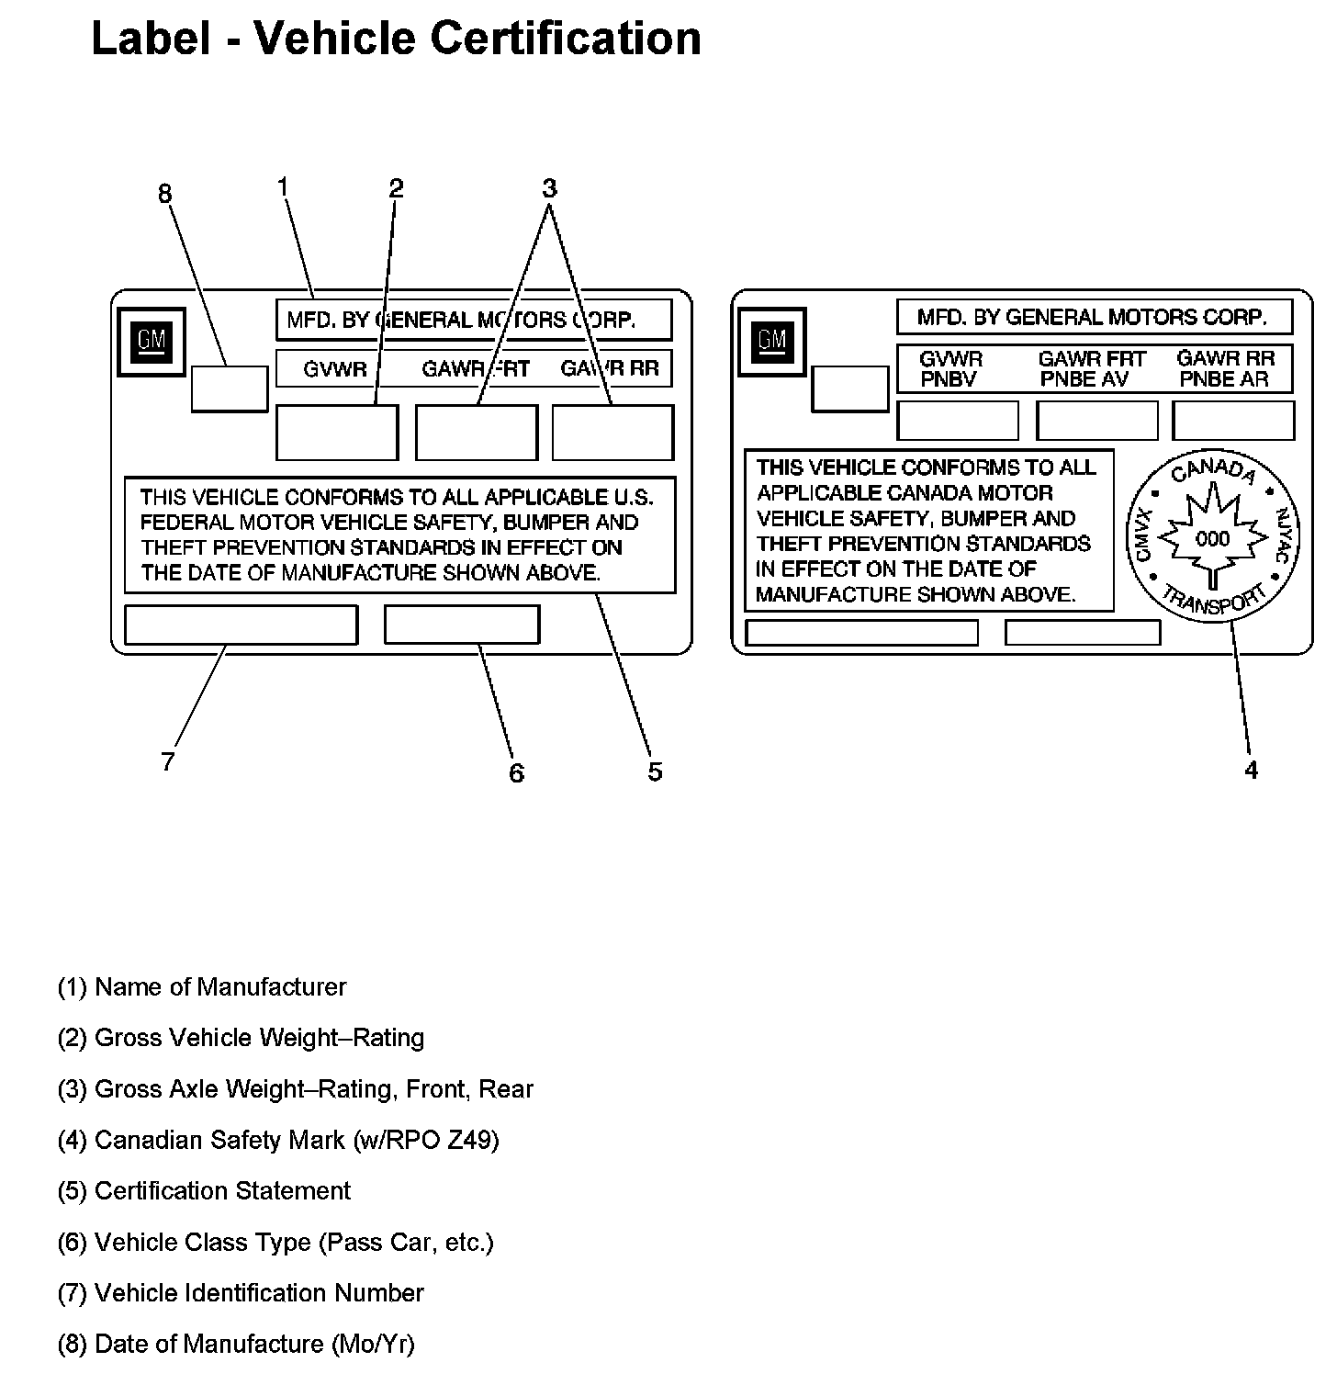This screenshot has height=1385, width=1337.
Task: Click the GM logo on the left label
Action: click(152, 342)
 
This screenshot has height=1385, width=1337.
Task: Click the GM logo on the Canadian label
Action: click(772, 342)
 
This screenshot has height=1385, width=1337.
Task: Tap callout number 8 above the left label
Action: click(164, 194)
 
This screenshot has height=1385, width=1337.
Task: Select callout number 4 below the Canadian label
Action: click(1251, 771)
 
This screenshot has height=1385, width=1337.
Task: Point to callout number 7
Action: click(167, 761)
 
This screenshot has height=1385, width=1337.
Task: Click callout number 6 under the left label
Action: click(516, 773)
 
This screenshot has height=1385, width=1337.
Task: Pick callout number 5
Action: click(655, 771)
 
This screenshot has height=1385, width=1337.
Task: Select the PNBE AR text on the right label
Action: click(1225, 379)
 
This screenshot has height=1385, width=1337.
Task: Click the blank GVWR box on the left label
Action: click(337, 432)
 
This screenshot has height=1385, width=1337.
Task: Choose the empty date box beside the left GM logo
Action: click(230, 388)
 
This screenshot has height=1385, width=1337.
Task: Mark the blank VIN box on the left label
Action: click(241, 625)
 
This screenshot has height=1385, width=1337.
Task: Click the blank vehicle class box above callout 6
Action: click(462, 625)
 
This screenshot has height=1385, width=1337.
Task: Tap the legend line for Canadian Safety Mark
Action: click(278, 1140)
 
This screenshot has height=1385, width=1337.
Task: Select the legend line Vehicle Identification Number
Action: click(241, 1293)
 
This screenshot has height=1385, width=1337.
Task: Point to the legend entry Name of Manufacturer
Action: click(202, 987)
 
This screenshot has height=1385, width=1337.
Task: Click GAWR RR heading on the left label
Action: click(610, 369)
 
